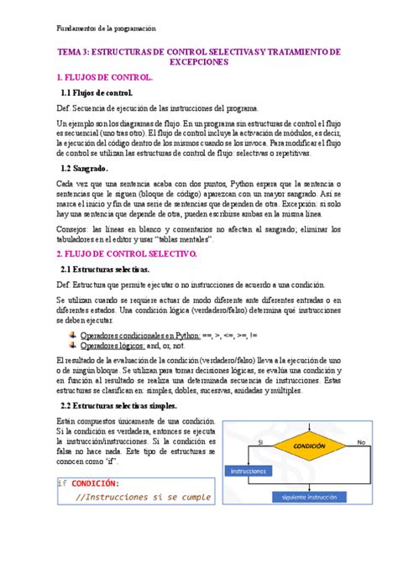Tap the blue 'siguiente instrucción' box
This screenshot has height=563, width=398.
point(311,497)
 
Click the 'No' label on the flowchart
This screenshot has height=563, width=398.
point(361,440)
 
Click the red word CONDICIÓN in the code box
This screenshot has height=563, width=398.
point(95,483)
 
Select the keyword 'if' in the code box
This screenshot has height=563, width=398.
point(61,483)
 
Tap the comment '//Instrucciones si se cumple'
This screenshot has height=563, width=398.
point(143,497)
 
